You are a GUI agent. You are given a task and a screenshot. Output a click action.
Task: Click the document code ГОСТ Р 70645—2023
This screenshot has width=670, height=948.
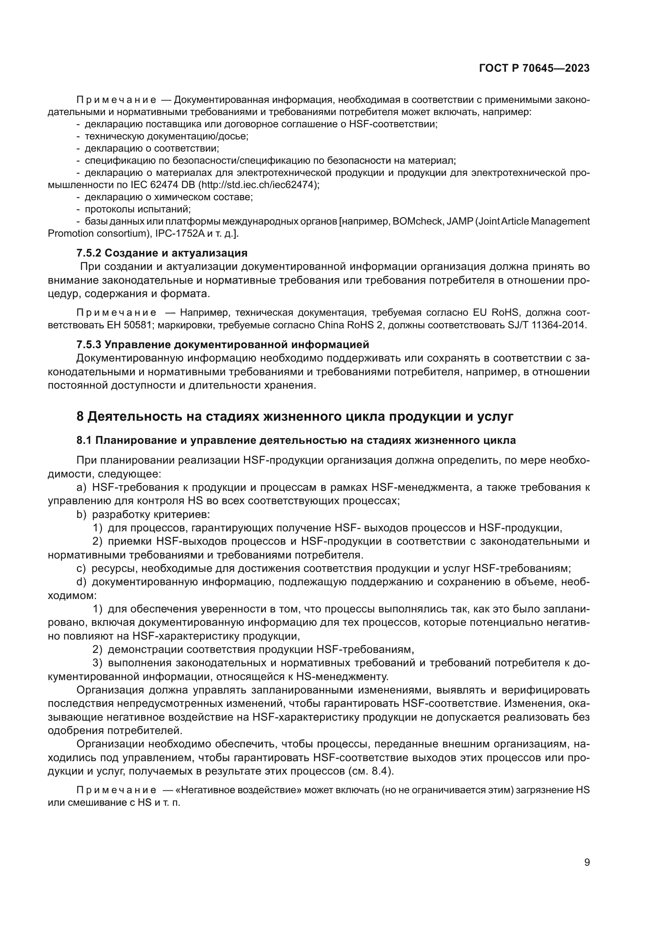point(534,68)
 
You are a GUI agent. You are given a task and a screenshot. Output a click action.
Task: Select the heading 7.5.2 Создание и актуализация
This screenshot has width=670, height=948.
point(162,253)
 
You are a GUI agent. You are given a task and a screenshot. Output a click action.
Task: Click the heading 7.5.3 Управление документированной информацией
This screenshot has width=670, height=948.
point(223,345)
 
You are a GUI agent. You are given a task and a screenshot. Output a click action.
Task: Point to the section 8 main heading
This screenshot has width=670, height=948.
point(295,417)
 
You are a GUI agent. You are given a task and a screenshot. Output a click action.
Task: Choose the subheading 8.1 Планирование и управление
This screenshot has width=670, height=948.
point(296,440)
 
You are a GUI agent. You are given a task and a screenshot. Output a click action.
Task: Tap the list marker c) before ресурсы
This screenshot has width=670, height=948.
point(81,569)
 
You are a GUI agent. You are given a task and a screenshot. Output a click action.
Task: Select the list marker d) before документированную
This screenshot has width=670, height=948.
point(81,582)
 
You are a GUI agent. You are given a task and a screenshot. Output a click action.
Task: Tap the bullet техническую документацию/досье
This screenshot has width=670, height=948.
point(166,136)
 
